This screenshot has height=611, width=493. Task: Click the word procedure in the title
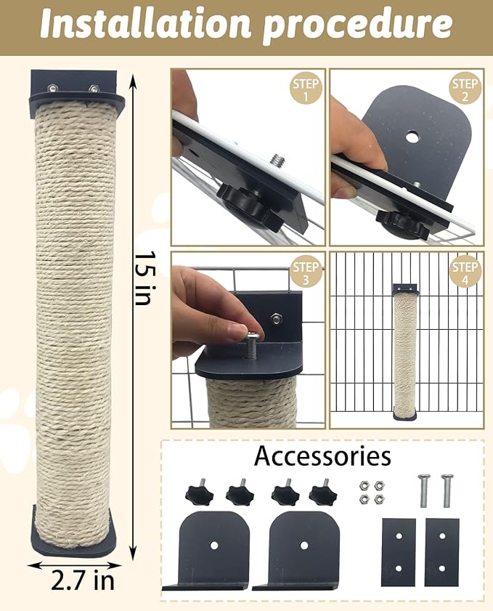tap(356, 26)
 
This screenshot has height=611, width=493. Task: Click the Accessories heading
tap(322, 457)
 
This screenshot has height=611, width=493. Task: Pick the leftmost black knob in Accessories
tap(198, 494)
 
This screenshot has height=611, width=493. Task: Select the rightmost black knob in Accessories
tap(322, 494)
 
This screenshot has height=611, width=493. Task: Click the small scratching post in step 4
tap(404, 352)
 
